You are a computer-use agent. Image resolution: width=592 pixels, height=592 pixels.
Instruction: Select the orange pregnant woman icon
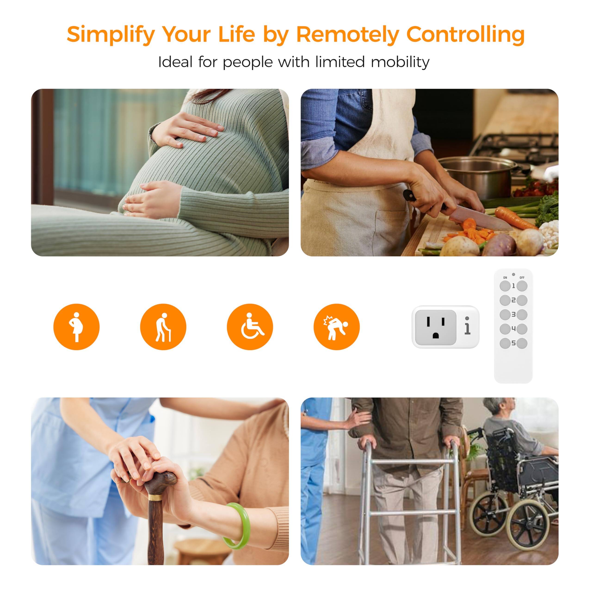[76, 327]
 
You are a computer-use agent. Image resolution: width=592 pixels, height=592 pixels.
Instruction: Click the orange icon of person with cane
[163, 327]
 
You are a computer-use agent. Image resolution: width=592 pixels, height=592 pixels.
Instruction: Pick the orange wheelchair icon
[250, 327]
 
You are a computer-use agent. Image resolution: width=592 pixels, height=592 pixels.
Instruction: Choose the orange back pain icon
[336, 327]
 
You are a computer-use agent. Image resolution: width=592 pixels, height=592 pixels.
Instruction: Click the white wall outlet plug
[445, 327]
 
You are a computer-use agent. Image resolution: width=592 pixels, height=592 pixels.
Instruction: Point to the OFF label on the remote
[522, 277]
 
